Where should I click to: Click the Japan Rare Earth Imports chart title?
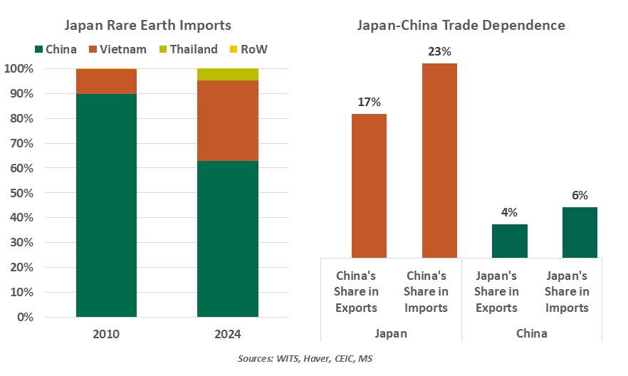[x=148, y=26]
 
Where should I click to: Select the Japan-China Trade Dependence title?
[x=461, y=26]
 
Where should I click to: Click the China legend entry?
[x=56, y=49]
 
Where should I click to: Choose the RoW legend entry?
[x=248, y=49]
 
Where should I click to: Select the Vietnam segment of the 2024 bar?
[x=228, y=120]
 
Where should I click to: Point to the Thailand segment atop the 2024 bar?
[x=228, y=75]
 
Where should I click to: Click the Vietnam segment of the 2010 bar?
[x=107, y=81]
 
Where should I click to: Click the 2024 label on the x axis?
[x=228, y=333]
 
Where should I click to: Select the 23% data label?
[x=440, y=52]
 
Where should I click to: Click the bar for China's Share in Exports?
[x=369, y=185]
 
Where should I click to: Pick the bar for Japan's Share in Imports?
[x=580, y=232]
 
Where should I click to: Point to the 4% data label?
[x=509, y=212]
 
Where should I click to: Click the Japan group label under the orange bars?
[x=391, y=333]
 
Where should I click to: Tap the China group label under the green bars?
[x=531, y=333]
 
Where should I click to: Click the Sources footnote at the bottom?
[x=305, y=359]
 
